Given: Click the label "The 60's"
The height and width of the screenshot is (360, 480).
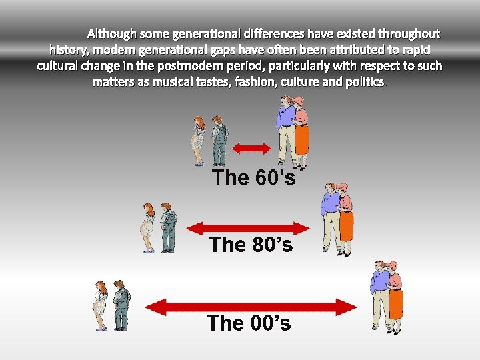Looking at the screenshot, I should [x=253, y=177].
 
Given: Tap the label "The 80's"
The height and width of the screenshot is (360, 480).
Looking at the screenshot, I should [x=251, y=245].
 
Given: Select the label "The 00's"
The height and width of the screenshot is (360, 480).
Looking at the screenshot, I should [x=249, y=323].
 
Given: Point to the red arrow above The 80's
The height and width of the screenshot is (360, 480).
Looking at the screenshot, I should [x=249, y=228].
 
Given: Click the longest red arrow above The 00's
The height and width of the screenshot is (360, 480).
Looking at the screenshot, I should [x=251, y=307].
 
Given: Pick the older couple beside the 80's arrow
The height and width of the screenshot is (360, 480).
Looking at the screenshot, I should [x=337, y=218].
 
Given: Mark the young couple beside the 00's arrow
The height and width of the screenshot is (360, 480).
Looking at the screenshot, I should [x=111, y=305].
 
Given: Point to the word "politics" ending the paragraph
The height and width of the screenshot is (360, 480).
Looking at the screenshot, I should [x=363, y=82].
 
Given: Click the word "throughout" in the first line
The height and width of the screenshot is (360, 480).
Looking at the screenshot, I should [x=409, y=33].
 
